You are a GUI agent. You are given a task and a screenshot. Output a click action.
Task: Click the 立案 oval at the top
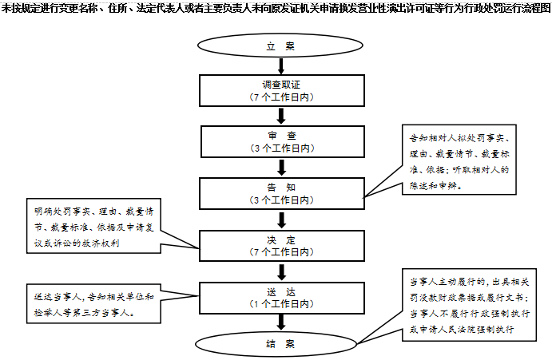(280, 45)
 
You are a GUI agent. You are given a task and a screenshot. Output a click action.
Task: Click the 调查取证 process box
(282, 90)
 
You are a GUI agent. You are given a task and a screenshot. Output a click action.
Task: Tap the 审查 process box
(282, 141)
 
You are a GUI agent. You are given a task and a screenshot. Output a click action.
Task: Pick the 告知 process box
(282, 193)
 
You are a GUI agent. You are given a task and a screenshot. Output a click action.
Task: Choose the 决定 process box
(282, 246)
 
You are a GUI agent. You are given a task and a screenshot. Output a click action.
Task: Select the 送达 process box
(282, 298)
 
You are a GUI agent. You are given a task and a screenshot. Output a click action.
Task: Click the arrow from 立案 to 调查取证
(281, 66)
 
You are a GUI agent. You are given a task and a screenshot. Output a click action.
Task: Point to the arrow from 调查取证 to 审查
(281, 116)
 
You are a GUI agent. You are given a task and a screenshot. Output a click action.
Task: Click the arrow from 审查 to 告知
(281, 168)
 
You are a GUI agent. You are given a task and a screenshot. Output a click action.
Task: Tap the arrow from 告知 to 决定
(281, 220)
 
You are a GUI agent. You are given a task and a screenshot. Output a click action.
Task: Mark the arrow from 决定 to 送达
(281, 271)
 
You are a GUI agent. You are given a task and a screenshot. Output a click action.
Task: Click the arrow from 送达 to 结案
(281, 322)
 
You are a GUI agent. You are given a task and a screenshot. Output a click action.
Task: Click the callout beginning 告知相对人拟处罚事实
(459, 160)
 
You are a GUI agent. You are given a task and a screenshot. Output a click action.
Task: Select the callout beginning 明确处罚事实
(93, 226)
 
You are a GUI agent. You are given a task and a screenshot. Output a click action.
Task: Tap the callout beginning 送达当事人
(93, 303)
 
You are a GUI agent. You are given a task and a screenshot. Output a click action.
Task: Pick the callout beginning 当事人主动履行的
(469, 305)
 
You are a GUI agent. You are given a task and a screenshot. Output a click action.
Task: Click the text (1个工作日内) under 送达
(282, 304)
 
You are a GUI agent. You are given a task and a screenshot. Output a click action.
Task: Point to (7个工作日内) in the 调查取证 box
(282, 97)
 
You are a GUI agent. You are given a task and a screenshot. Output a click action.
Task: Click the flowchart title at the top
(276, 7)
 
